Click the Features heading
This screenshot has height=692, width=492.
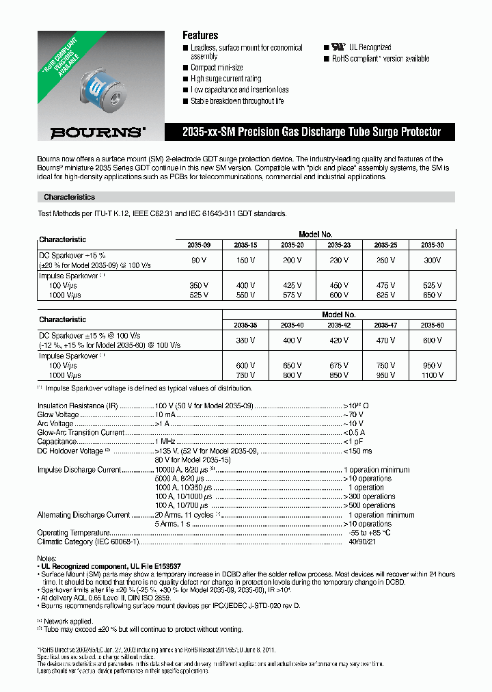tap(200, 35)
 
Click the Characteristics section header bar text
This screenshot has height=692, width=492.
tap(70, 197)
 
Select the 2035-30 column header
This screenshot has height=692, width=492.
tap(432, 244)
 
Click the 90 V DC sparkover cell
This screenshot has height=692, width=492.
tap(198, 261)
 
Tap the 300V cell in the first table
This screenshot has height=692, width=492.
tap(432, 261)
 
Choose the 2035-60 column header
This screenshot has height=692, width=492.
tap(432, 325)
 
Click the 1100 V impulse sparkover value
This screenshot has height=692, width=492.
tap(432, 375)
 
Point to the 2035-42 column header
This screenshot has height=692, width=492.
tap(339, 325)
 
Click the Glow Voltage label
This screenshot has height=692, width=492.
tap(58, 414)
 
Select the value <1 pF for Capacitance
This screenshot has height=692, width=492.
tap(354, 442)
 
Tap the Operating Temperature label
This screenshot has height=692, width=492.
tap(73, 533)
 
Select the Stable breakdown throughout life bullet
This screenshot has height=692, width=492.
tap(237, 101)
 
